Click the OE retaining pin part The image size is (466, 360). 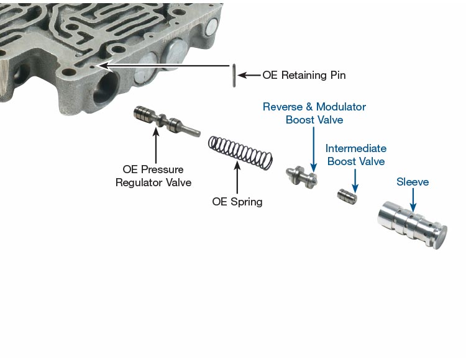coord(234,76)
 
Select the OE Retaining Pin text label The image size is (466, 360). coord(304,75)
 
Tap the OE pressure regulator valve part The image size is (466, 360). coord(167,121)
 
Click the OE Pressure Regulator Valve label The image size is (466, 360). coord(153,176)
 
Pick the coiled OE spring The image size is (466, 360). coord(240,153)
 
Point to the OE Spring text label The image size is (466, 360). coord(237,202)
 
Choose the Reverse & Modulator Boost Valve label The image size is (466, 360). coord(314,113)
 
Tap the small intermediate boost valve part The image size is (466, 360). coord(347,196)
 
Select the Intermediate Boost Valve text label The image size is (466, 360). coord(356,155)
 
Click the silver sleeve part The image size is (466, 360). coord(413,225)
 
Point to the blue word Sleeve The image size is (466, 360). coord(413,182)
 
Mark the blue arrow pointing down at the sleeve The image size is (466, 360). coord(413,199)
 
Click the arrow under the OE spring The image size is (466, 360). coord(237,178)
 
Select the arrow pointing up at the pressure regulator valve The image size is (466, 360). coord(156,145)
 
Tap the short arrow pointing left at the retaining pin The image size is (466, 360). coord(249,75)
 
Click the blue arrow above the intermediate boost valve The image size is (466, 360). coord(355,181)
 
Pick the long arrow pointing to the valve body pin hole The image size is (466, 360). coord(165,66)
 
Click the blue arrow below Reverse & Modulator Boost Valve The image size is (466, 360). coord(314,150)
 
